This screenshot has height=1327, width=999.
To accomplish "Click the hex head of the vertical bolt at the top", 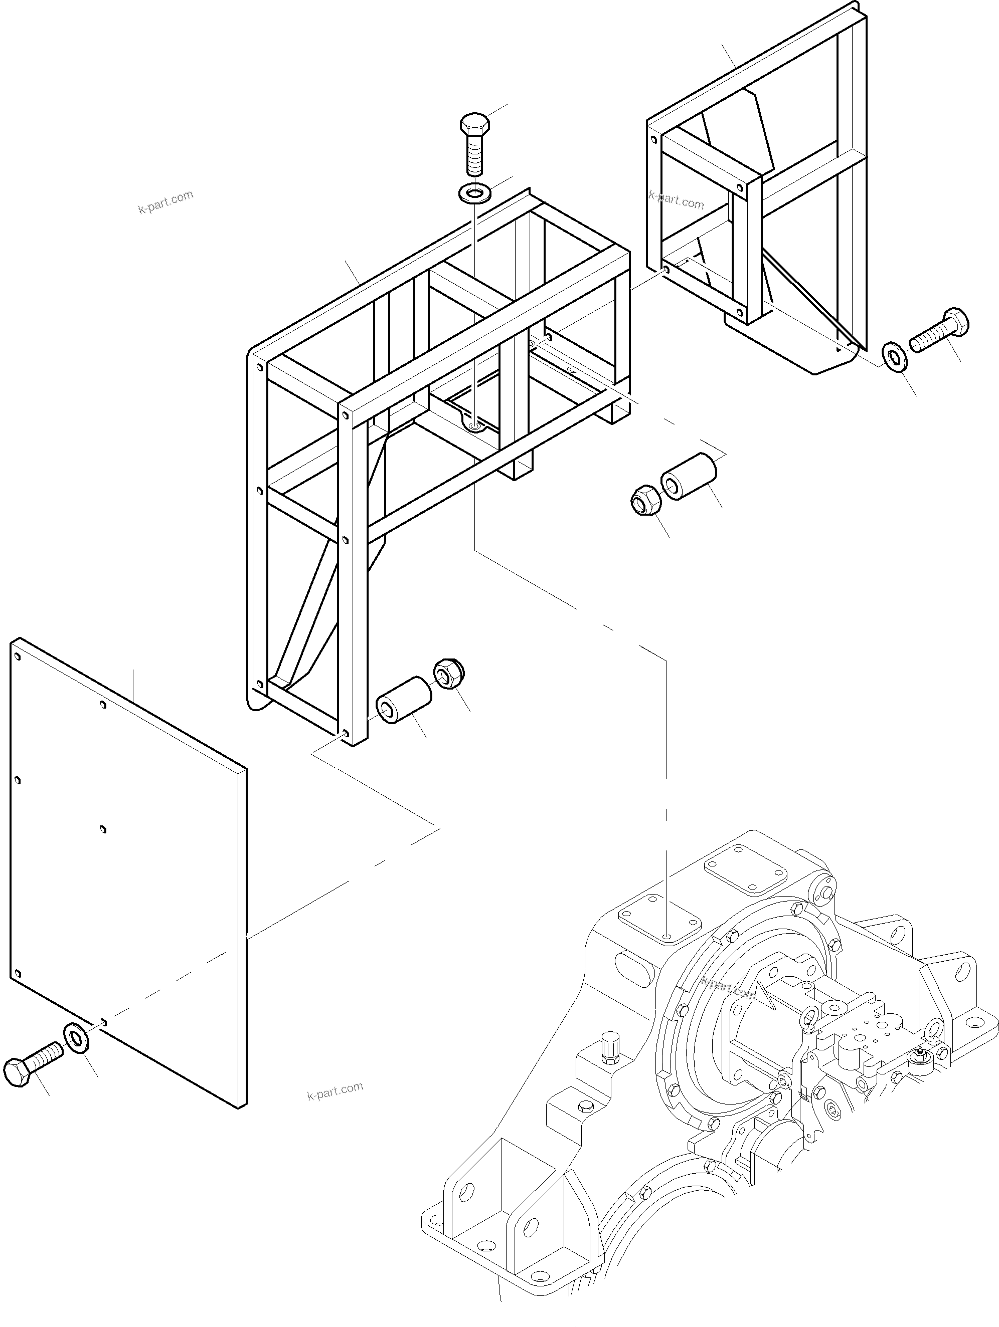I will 474,125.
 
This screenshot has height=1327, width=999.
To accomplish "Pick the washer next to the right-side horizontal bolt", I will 895,357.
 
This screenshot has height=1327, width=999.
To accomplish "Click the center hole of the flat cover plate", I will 103,830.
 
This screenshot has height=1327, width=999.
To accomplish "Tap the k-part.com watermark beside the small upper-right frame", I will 676,200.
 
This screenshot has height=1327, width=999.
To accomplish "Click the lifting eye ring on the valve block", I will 809,1015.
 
